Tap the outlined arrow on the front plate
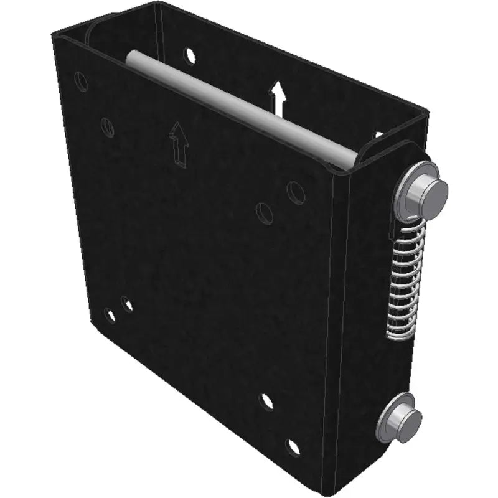tap(179, 144)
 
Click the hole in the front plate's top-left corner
tap(81, 81)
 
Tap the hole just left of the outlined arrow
tap(108, 127)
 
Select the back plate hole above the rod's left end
tap(190, 55)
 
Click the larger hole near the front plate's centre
tap(265, 212)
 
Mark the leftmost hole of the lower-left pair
tap(111, 315)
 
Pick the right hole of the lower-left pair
tap(127, 305)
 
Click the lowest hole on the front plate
tap(293, 447)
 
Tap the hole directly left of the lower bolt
tap(266, 402)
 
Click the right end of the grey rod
tap(349, 156)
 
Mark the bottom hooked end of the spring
tap(398, 335)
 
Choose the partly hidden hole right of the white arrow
tap(378, 133)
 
